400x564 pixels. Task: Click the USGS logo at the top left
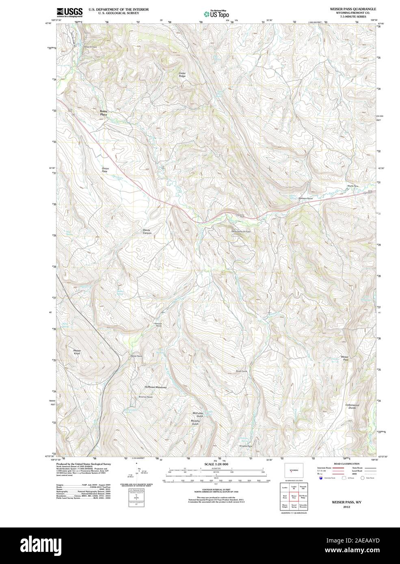click(x=69, y=12)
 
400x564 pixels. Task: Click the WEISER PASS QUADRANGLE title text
click(x=347, y=9)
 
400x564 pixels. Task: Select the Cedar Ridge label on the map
click(x=182, y=75)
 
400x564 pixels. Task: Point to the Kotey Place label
click(x=104, y=113)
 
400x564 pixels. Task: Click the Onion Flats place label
click(x=105, y=170)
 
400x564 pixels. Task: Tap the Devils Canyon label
click(x=147, y=232)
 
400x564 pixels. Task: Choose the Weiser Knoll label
click(x=77, y=352)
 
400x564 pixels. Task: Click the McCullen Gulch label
click(x=197, y=415)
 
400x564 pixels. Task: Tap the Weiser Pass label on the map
click(x=345, y=358)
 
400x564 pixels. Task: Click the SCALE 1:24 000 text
click(x=216, y=464)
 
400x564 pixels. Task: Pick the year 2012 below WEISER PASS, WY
click(x=346, y=507)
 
